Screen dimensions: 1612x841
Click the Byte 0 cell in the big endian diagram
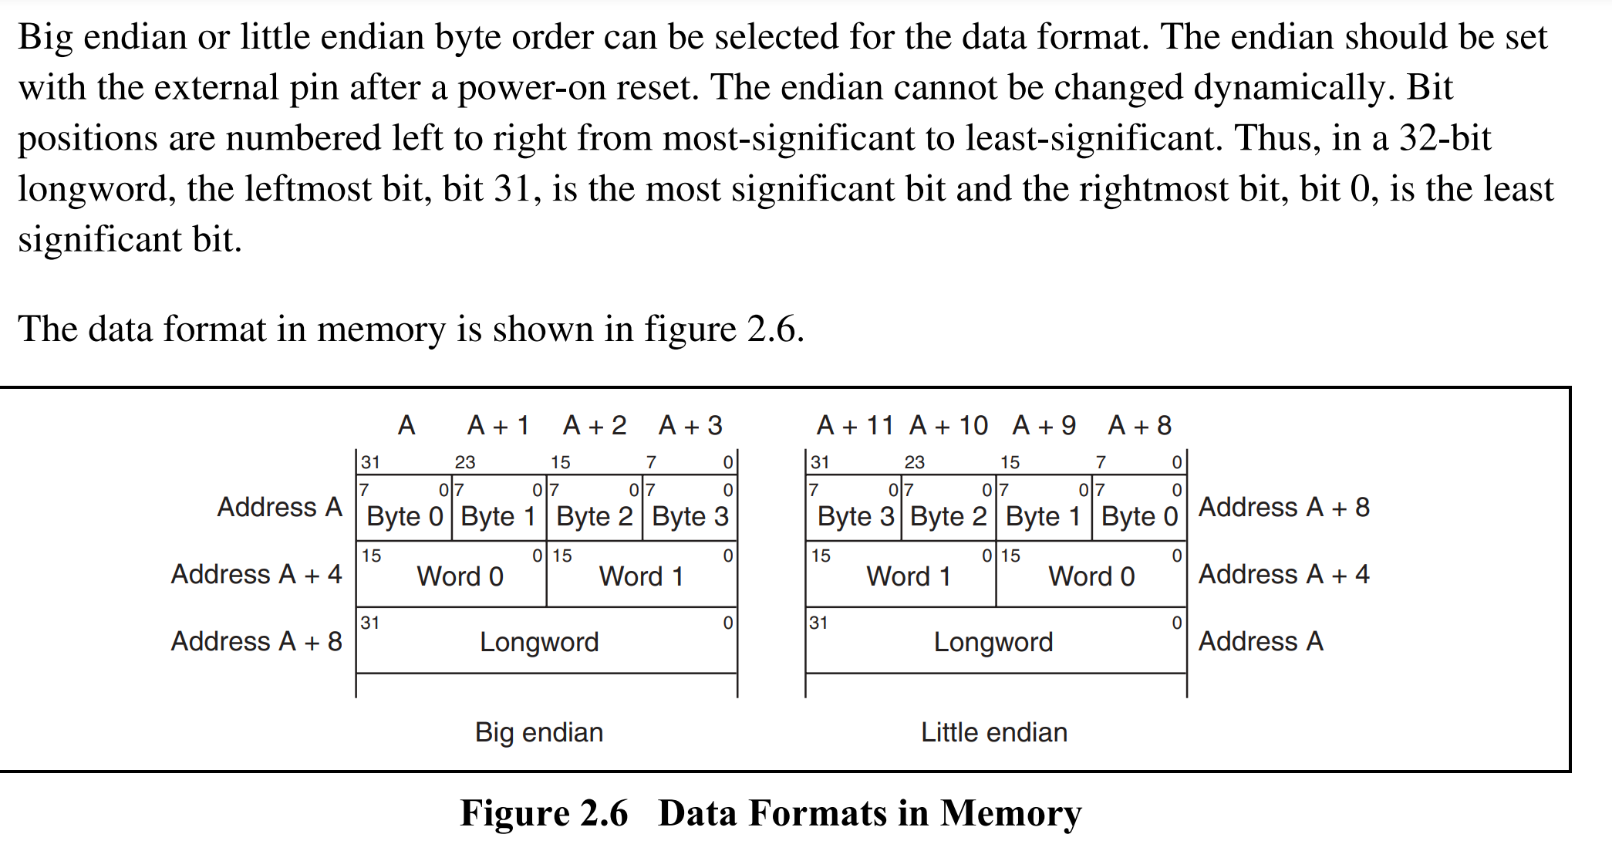(404, 508)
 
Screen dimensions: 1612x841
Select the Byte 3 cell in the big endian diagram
(690, 508)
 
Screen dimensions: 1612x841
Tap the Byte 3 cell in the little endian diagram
(854, 508)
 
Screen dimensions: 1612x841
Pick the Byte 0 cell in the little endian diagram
(1139, 508)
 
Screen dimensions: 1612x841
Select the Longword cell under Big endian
(547, 640)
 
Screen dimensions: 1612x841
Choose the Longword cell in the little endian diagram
(996, 640)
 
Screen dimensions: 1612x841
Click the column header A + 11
(855, 425)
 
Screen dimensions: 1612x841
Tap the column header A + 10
(949, 425)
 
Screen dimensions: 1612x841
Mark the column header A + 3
(690, 425)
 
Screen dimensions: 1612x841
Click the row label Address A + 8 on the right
(1284, 507)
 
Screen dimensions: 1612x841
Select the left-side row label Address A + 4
(257, 574)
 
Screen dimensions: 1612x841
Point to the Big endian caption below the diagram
(539, 732)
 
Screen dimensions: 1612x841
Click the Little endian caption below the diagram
(994, 732)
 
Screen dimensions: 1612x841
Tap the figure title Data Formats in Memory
(870, 813)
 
